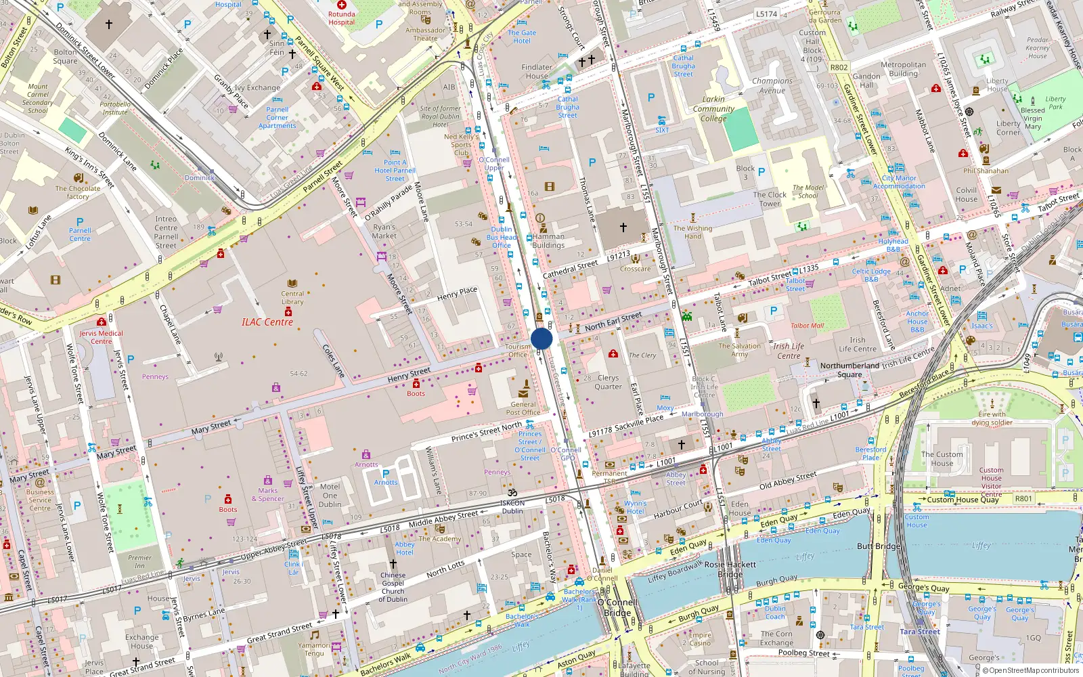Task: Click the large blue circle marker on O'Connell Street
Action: [541, 338]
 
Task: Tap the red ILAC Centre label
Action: [267, 322]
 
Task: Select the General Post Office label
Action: [523, 408]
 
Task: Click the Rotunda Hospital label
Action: [341, 18]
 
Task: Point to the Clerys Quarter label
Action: [608, 383]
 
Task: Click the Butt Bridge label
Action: [879, 546]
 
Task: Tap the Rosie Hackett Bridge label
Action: [730, 569]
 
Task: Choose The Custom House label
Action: [942, 459]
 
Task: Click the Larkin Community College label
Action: [713, 108]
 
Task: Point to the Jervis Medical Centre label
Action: [102, 337]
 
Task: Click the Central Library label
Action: [292, 298]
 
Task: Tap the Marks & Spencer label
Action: [267, 495]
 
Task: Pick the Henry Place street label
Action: [457, 293]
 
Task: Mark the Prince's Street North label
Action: [486, 432]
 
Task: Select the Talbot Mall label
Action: [807, 326]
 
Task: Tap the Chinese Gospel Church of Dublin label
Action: [393, 587]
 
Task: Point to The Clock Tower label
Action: [770, 199]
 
